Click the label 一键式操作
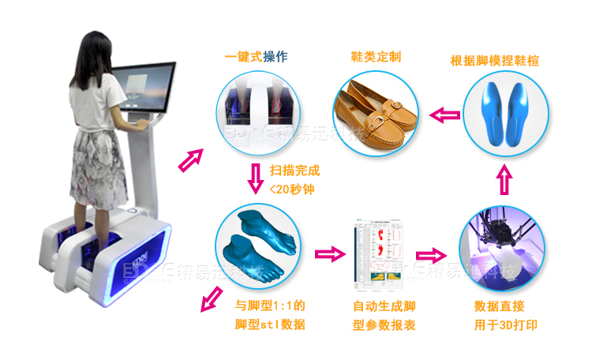coord(256,57)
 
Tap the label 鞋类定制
coord(376,57)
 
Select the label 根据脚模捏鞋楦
coord(495,60)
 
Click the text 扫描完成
coord(295,170)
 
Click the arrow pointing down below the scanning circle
coord(255,180)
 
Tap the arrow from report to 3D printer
coord(430,254)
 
